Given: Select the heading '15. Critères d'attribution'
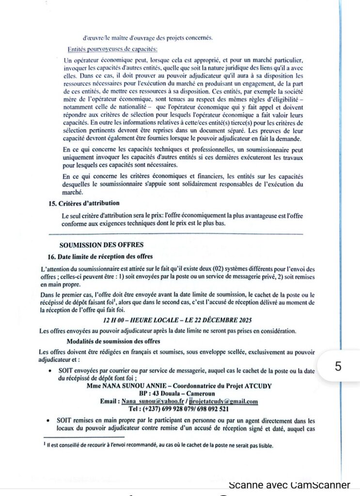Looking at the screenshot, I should coord(84,203).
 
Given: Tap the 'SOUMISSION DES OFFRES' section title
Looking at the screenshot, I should coord(101,245).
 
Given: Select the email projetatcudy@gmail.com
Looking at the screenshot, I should coord(223,402).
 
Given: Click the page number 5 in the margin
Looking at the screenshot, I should coord(338,366).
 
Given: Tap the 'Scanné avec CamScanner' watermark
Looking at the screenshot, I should coord(289,484).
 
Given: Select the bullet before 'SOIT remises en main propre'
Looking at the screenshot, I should coord(50,420).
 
